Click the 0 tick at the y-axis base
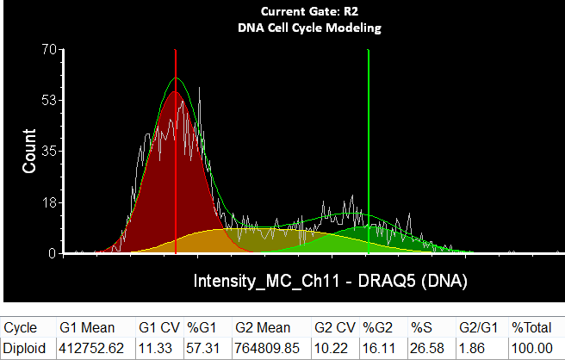pos(51,253)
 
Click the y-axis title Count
pos(29,152)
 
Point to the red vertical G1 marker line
pos(176,155)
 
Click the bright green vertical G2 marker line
pos(369,155)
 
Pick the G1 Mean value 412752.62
pos(92,349)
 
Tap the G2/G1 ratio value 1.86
pos(471,349)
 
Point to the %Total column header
pos(532,328)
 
